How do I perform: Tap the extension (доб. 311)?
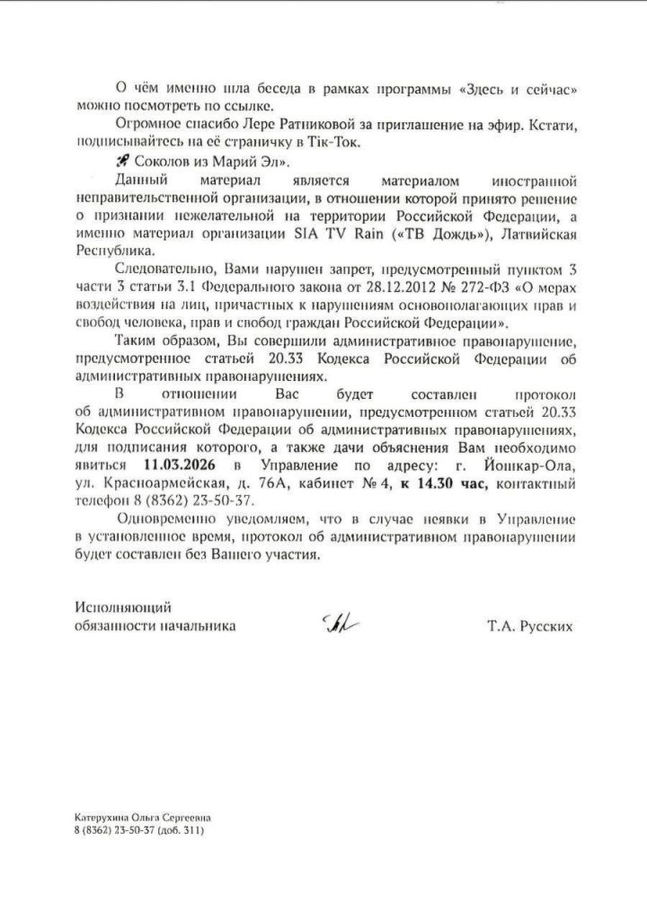181,831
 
